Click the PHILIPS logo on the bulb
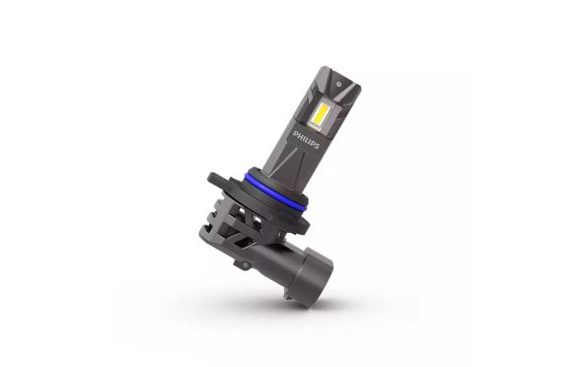coord(306,139)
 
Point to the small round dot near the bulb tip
coord(339,84)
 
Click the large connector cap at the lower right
coord(312,274)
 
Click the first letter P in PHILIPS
coord(296,134)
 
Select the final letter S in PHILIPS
coord(317,145)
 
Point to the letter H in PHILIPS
coord(300,136)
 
